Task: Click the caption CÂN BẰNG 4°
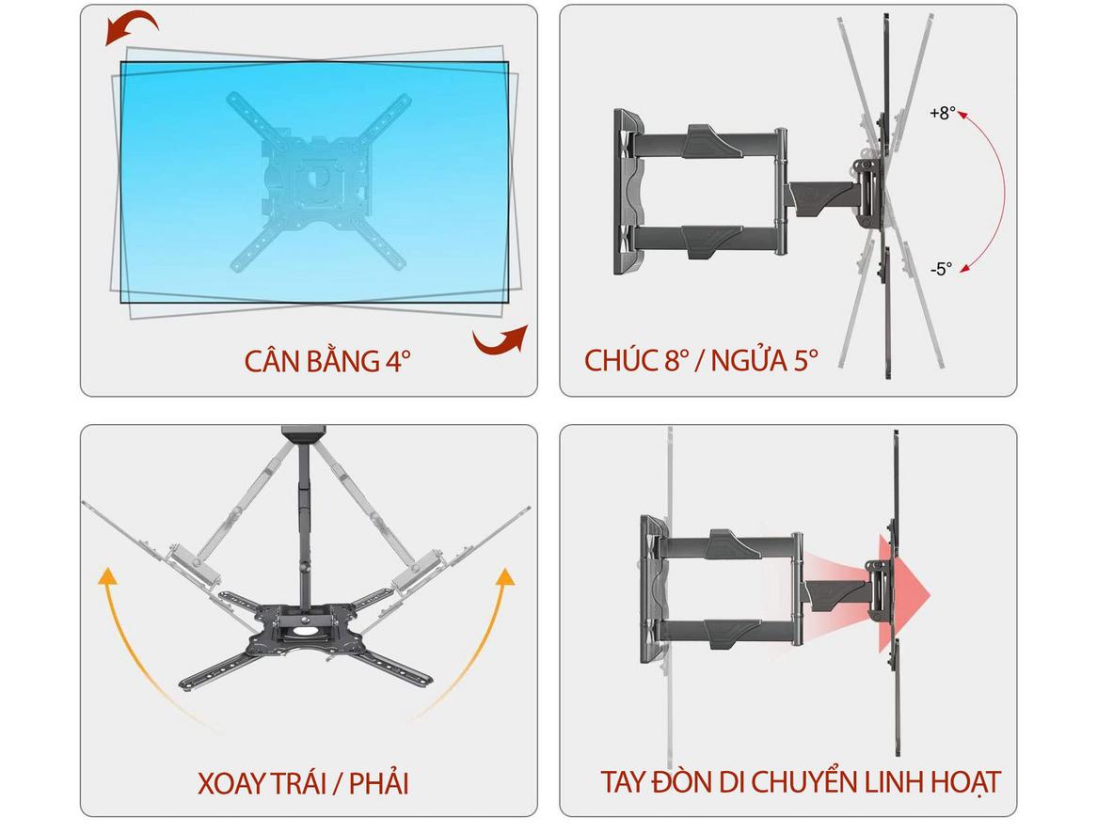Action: tap(327, 361)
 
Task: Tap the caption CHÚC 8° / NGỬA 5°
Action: tap(701, 360)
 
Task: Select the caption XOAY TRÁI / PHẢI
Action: tap(303, 783)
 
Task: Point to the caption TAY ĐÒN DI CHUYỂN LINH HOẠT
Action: tap(801, 782)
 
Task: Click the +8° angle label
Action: tap(943, 113)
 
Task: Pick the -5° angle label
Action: tap(941, 269)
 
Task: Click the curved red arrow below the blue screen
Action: tap(501, 339)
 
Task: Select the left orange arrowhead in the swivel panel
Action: tap(107, 575)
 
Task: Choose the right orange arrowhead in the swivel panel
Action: tap(504, 576)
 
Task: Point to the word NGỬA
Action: tap(749, 360)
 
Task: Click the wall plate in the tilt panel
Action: tap(627, 192)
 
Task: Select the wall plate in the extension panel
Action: tap(653, 589)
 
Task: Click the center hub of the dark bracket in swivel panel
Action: tap(305, 626)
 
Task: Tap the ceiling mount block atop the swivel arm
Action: tap(304, 432)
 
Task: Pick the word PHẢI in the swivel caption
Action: tap(379, 783)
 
